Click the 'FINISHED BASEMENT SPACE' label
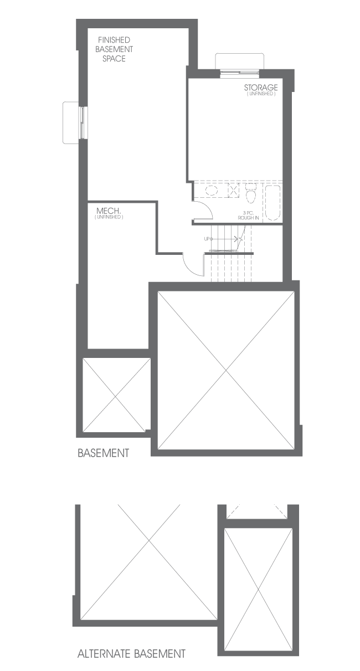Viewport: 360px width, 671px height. tap(114, 49)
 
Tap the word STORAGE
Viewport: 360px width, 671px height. tap(261, 88)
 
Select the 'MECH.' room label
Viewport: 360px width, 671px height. tap(109, 211)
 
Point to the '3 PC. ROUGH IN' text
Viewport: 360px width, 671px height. tap(248, 216)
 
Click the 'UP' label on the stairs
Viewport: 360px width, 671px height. tap(207, 239)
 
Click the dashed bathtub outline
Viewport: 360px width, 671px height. tap(272, 203)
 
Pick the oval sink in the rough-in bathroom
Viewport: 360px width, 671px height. tap(212, 190)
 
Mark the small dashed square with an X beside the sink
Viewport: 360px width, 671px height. tap(234, 189)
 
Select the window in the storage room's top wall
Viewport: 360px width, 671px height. tap(239, 72)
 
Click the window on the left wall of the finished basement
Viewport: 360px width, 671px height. tap(82, 122)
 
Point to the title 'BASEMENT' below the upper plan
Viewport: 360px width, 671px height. tap(104, 453)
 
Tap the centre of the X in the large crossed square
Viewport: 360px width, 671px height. tap(226, 370)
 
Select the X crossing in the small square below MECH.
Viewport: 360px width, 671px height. tap(116, 395)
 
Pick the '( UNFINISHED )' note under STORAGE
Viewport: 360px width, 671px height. tap(261, 94)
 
